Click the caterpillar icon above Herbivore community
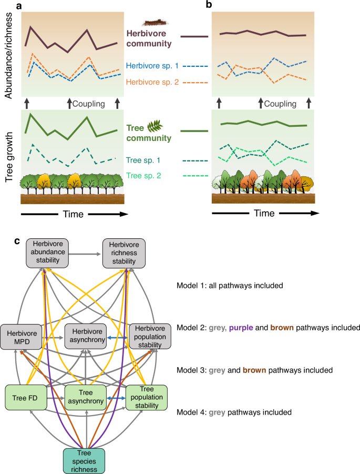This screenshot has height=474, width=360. coord(152,23)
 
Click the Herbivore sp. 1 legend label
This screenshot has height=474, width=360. coord(152,66)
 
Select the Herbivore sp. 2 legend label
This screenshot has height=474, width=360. coord(152,82)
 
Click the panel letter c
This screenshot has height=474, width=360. coord(18,241)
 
